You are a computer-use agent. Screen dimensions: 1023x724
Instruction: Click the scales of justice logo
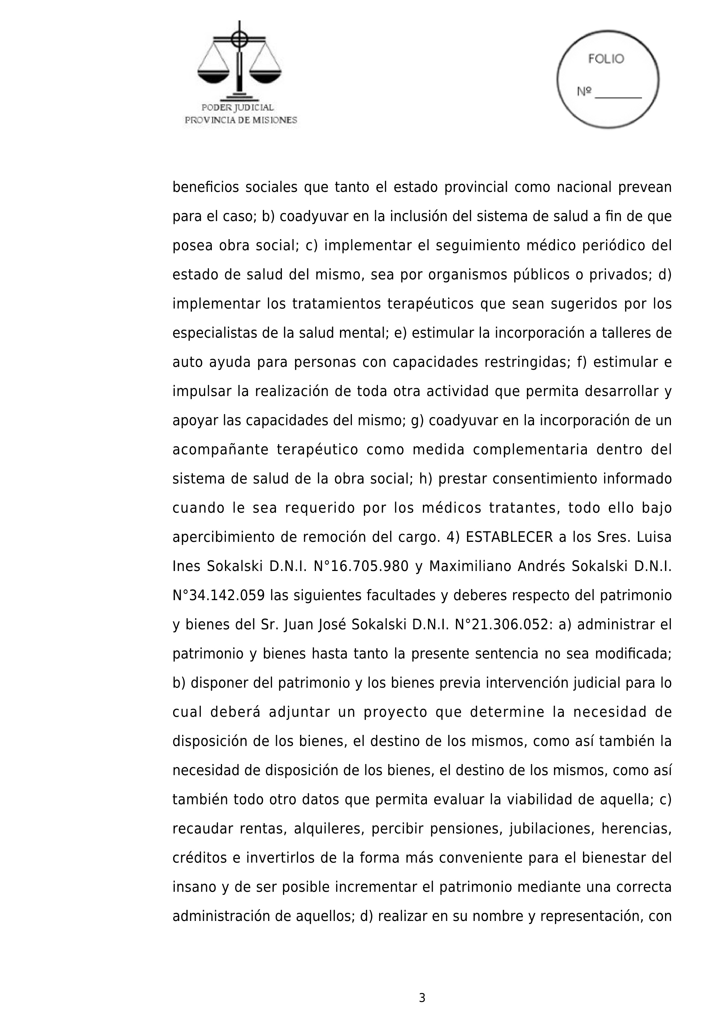239,60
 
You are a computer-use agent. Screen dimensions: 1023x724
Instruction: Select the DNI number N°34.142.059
219,596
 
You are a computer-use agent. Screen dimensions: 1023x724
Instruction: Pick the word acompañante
220,450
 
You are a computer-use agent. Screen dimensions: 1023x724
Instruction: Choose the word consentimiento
545,479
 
